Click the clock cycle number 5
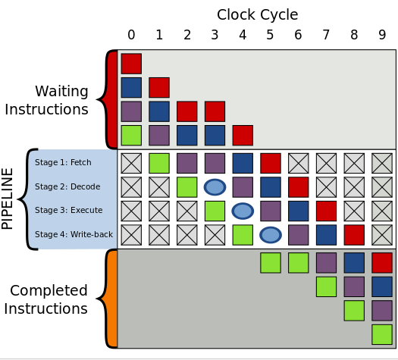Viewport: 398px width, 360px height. tap(270, 35)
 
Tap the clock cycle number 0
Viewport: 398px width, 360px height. tap(131, 35)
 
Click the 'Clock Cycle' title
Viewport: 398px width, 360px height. tap(258, 14)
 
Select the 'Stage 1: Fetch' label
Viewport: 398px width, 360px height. tap(63, 162)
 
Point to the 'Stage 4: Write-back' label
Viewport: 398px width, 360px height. tap(74, 234)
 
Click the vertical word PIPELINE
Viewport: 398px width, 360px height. tap(7, 199)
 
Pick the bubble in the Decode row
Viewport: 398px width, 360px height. tap(215, 187)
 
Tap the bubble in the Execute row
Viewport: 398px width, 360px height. tap(243, 211)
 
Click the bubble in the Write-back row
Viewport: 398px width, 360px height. tap(271, 235)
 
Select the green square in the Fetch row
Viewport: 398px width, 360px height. tap(159, 164)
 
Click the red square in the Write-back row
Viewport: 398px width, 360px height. tap(354, 235)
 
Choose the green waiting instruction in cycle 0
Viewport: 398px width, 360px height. tap(131, 136)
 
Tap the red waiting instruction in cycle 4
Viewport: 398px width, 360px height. tap(243, 136)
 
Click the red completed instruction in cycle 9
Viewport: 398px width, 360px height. tap(382, 263)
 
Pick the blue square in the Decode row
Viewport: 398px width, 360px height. tap(271, 187)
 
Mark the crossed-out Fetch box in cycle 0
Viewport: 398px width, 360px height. tap(131, 164)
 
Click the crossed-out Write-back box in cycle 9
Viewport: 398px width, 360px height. tap(382, 235)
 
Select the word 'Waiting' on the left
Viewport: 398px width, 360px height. tap(61, 92)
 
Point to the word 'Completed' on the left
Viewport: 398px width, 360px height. tap(49, 290)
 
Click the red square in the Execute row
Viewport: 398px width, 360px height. tap(327, 211)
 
